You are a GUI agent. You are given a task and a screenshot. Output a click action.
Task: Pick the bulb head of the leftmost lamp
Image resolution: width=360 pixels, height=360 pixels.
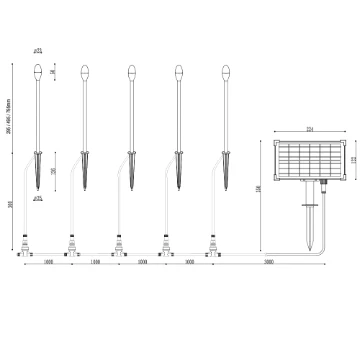[x=37, y=72]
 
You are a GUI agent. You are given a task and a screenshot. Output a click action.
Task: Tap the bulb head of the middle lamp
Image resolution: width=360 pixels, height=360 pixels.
[x=131, y=72]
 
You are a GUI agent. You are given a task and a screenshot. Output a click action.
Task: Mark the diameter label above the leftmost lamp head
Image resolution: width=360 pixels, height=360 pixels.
[x=37, y=49]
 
